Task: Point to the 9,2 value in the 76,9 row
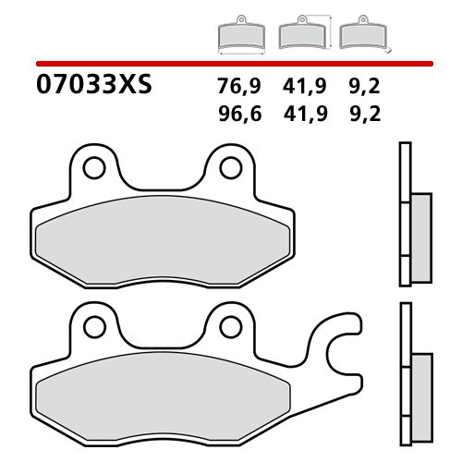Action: (364, 90)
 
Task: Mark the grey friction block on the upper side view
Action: (420, 226)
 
